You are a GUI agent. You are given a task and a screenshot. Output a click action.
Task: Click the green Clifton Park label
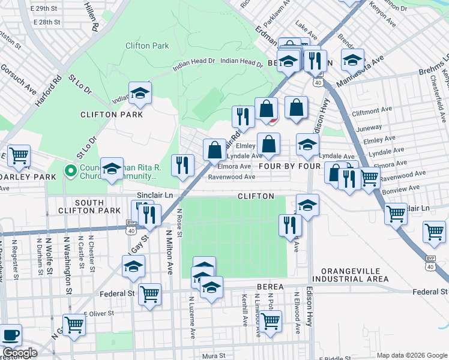pos(147,46)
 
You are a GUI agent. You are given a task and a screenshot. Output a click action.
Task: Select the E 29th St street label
pos(48,10)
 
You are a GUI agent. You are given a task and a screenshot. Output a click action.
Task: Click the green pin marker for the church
pos(71,172)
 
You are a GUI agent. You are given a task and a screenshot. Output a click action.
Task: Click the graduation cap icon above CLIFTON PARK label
pos(140,93)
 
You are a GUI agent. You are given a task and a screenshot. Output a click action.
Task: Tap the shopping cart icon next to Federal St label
pos(149,294)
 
